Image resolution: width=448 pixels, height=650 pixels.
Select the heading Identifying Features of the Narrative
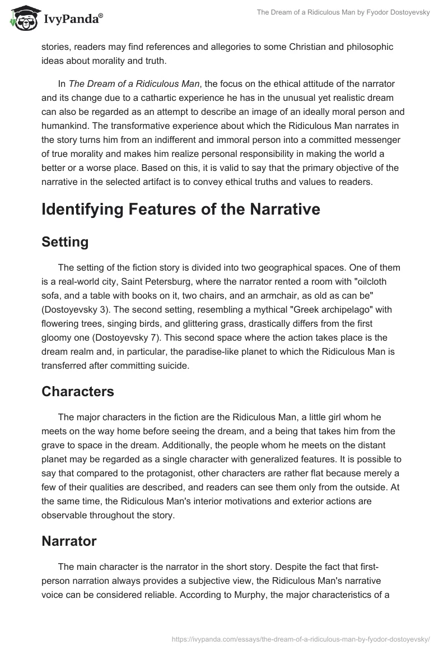[181, 210]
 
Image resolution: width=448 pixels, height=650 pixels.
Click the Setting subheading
[65, 242]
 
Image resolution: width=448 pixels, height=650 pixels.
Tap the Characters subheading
[78, 392]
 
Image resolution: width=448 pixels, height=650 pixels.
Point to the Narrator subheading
[69, 541]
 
